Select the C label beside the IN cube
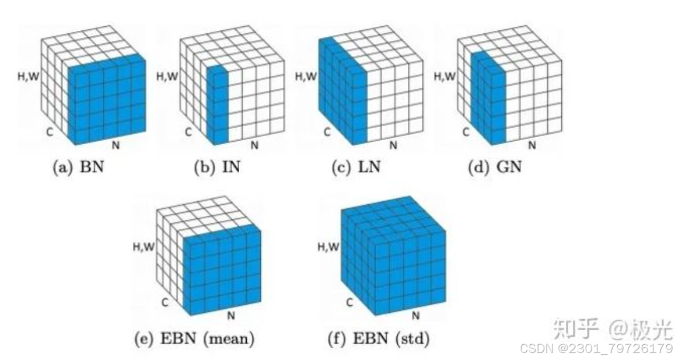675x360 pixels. (x=188, y=132)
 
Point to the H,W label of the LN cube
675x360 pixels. (x=306, y=76)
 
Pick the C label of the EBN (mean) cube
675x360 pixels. (x=166, y=303)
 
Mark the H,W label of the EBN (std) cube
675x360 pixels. (x=327, y=247)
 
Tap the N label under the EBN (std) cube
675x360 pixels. (x=415, y=316)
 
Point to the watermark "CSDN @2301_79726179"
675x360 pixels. (x=596, y=348)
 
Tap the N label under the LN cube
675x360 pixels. (x=393, y=145)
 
